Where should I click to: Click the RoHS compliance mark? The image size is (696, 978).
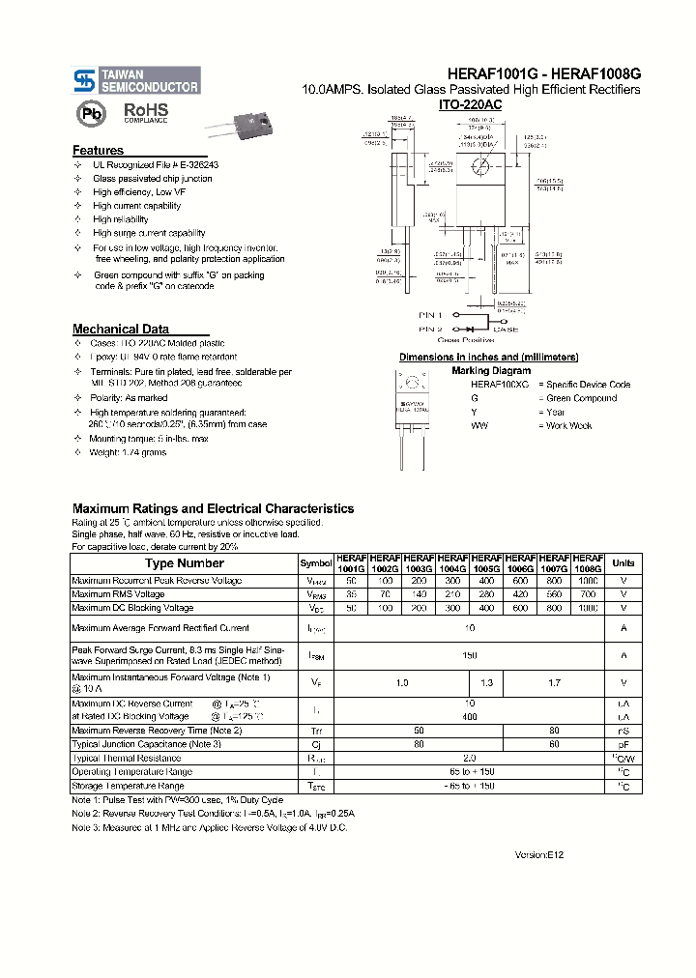pos(145,113)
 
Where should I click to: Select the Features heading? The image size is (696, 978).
pos(98,151)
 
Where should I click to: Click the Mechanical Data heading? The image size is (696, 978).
pos(121,329)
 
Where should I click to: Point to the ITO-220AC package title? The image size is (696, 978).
pos(470,104)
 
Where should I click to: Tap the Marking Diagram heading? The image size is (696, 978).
pos(491,370)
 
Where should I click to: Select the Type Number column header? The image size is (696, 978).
pos(184,562)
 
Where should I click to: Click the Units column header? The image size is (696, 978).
pos(623,562)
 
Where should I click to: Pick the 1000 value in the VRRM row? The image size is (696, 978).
pos(588,581)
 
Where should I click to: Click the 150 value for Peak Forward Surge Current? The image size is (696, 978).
pos(470,655)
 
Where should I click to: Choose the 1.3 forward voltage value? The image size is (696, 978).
pos(486,682)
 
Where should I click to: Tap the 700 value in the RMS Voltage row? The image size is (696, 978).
pos(588,594)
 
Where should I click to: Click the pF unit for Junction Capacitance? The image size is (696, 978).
pos(623,744)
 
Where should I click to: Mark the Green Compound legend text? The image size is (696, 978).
pos(582,398)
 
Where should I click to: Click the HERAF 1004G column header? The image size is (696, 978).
pos(452,563)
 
